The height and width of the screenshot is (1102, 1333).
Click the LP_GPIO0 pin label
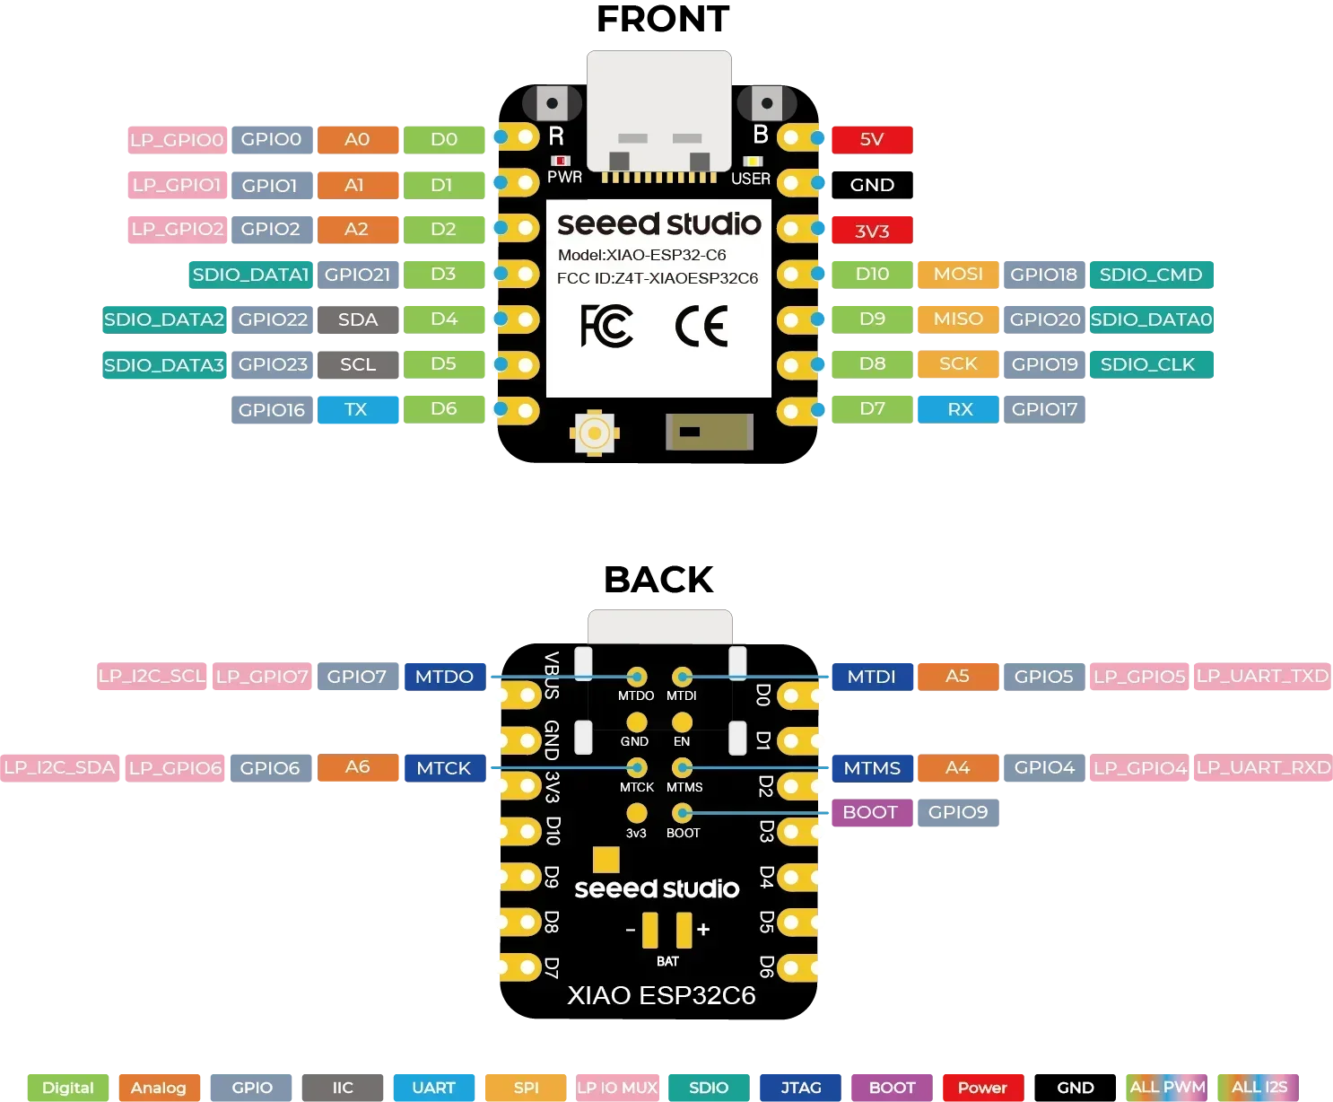(x=176, y=139)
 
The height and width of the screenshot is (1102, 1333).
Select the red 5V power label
(x=871, y=139)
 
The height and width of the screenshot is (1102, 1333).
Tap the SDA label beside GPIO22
(x=358, y=319)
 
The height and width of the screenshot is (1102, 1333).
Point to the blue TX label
(x=356, y=409)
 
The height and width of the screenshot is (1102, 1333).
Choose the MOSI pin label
(x=958, y=274)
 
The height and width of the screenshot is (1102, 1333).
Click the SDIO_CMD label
(x=1151, y=275)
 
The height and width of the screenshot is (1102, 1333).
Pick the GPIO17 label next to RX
(x=1044, y=409)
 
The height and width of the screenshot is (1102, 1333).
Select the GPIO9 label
(x=958, y=812)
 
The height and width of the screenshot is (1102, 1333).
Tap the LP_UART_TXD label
(x=1262, y=676)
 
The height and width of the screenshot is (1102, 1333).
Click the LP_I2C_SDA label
(x=59, y=767)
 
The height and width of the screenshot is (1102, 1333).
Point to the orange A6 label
(x=357, y=767)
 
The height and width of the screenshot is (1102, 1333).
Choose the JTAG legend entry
(x=800, y=1087)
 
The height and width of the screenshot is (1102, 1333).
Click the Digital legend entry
(x=67, y=1087)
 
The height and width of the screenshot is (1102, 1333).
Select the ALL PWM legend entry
(x=1167, y=1087)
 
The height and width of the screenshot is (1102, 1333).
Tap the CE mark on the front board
(x=701, y=326)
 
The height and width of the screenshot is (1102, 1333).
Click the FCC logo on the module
(x=606, y=326)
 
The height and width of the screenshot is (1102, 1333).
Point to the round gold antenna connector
(x=594, y=433)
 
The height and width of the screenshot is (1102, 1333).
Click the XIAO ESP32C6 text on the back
(x=661, y=995)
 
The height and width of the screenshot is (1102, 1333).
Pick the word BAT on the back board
(x=667, y=961)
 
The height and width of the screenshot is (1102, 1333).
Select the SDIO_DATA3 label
(x=164, y=364)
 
